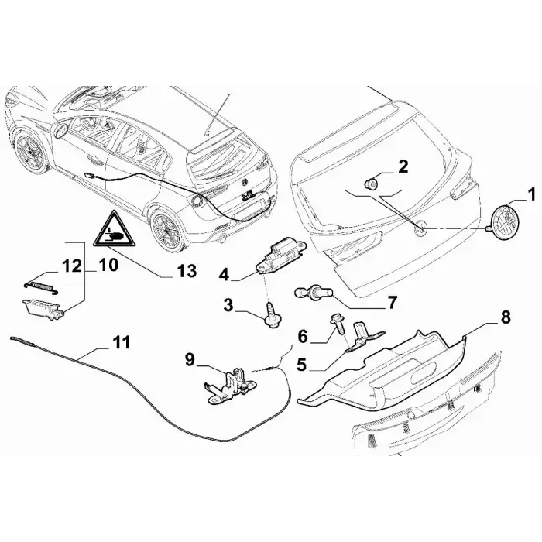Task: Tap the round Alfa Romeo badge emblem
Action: [x=506, y=221]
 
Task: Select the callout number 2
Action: [x=403, y=166]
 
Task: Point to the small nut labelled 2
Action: [x=372, y=184]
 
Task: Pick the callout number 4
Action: [x=225, y=276]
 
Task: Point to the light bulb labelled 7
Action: [x=313, y=293]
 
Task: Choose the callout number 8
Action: [x=506, y=317]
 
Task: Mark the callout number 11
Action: [x=121, y=342]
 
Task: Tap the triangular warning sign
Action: [x=115, y=230]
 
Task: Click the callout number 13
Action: [x=187, y=271]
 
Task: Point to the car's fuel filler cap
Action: [x=195, y=201]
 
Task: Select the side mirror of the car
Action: [x=61, y=131]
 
